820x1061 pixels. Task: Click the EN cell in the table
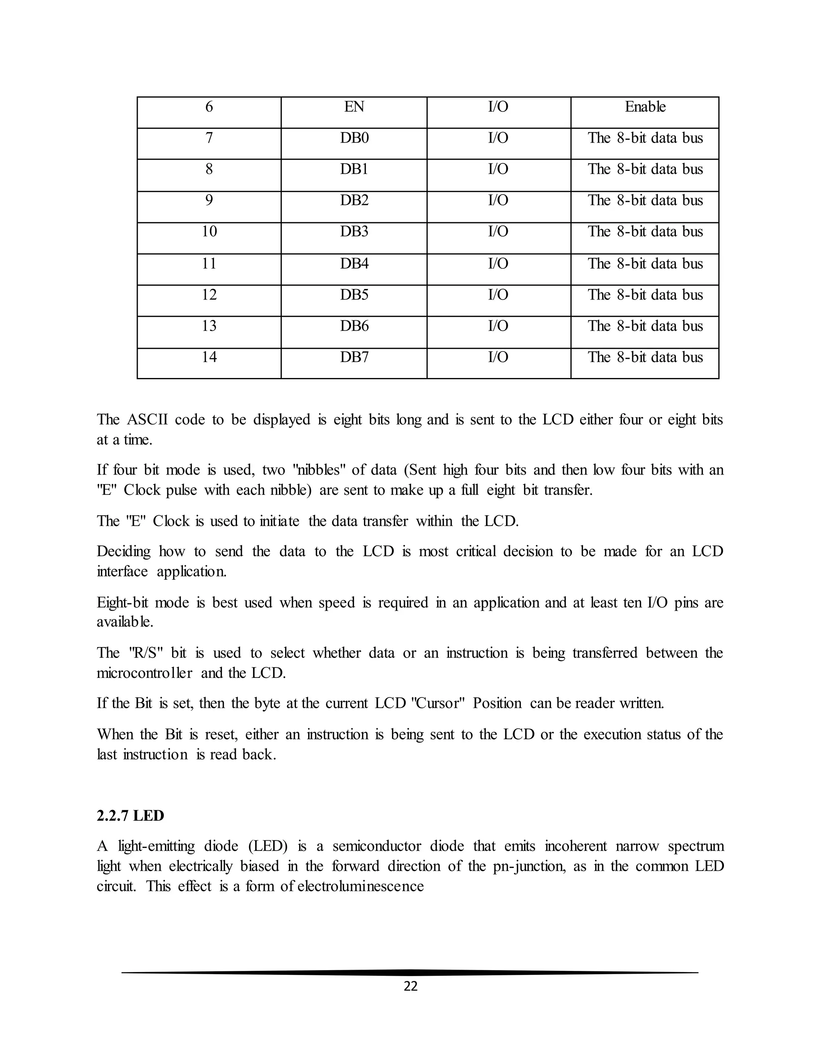tap(354, 107)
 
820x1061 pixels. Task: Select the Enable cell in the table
tap(645, 107)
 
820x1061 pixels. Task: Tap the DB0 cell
tap(354, 139)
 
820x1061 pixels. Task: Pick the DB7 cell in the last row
tap(354, 358)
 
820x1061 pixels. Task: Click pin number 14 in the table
tap(209, 358)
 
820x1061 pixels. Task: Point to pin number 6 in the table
tap(209, 107)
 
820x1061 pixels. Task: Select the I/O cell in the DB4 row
tap(498, 264)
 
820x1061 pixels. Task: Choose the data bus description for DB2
tap(645, 201)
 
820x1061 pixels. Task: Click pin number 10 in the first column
tap(209, 232)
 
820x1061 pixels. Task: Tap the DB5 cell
tap(354, 295)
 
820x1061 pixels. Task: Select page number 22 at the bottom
tap(410, 986)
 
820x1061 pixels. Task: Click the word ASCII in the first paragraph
tap(147, 420)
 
